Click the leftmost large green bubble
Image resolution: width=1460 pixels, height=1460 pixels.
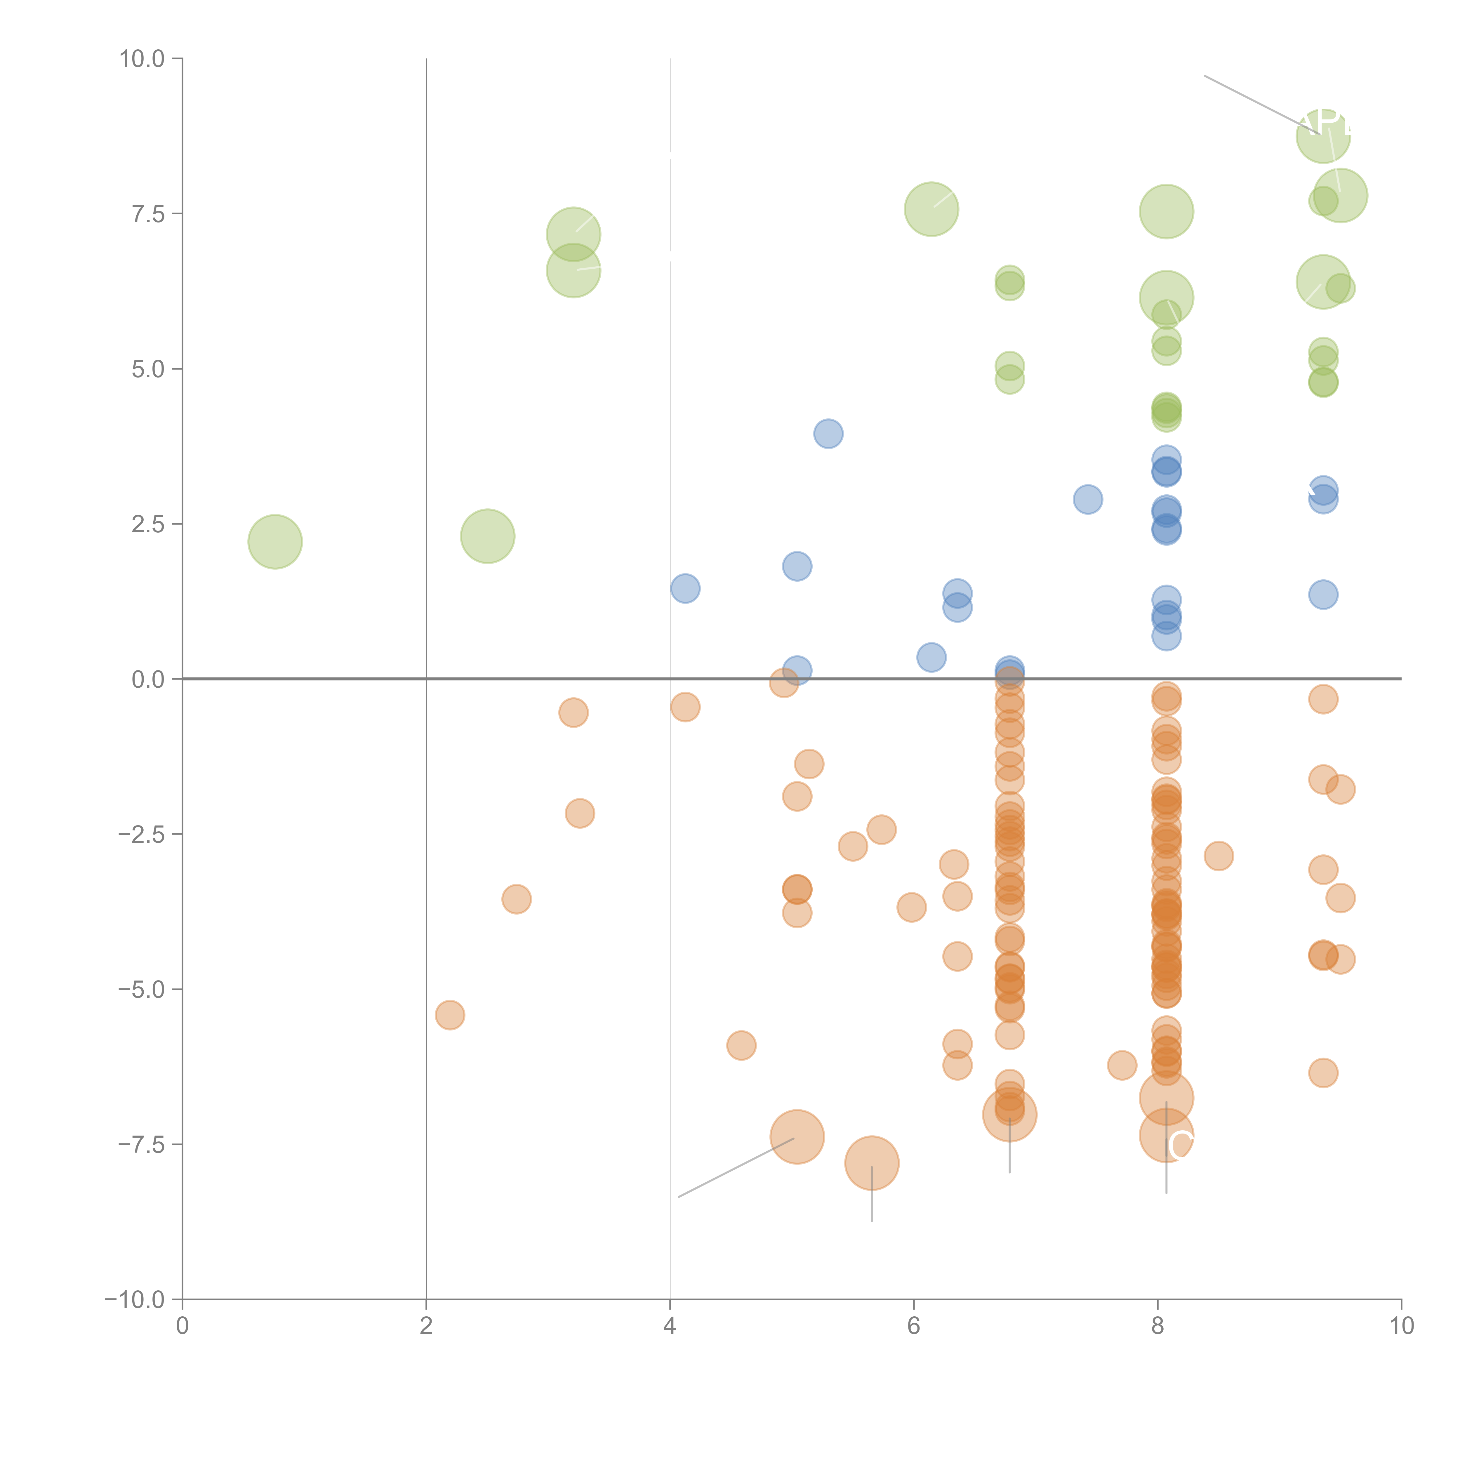coord(275,542)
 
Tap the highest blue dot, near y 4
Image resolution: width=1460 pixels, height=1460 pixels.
coord(828,434)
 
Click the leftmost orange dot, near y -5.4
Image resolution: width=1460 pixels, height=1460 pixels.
coord(450,1015)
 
